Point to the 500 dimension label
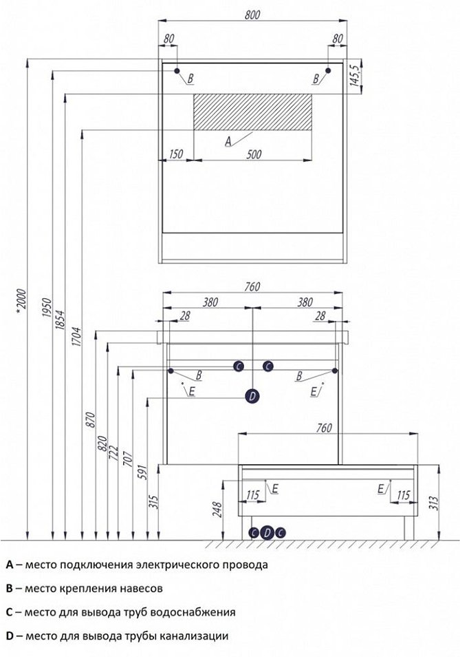point(254,154)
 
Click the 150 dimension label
point(175,154)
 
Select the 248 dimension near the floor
point(218,509)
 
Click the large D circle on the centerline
point(252,395)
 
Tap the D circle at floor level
point(267,532)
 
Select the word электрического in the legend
point(171,565)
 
